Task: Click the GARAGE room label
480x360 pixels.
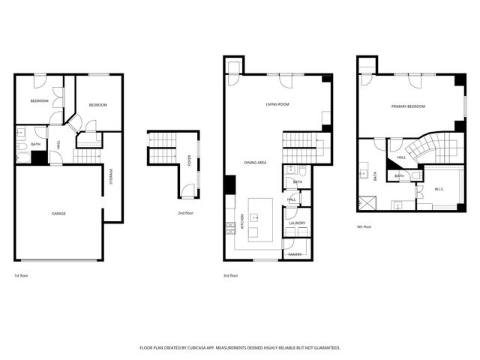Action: pos(58,214)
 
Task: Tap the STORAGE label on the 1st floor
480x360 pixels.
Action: pos(112,177)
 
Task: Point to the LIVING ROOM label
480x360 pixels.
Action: pos(277,104)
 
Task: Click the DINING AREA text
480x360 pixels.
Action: pos(255,162)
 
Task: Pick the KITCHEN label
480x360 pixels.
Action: pos(242,223)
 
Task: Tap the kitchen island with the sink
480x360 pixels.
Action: pos(256,220)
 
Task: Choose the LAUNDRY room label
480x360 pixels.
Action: pos(296,223)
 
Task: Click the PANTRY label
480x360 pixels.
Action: pos(295,254)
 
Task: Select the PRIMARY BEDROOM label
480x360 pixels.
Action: pos(408,106)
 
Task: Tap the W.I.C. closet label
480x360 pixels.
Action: pos(439,189)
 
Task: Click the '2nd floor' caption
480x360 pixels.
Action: pos(186,213)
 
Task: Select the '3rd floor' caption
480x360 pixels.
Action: pos(230,276)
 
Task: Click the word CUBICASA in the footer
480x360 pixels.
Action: pos(205,348)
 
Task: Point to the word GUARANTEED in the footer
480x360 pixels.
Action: pos(323,348)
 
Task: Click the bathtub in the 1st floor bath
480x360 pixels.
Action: pos(22,157)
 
